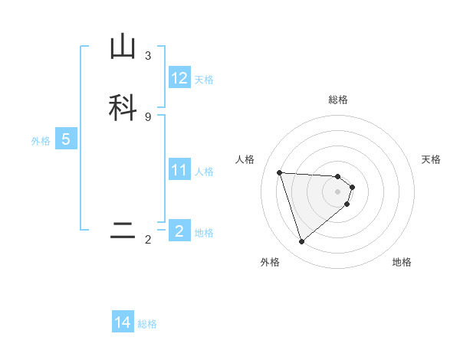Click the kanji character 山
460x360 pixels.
coord(123,47)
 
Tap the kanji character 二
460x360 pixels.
coord(123,231)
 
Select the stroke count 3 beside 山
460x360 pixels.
coord(148,55)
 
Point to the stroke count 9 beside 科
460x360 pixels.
coord(148,116)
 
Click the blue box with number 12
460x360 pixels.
coord(179,78)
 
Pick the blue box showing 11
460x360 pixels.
coord(179,170)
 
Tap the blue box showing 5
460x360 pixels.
coord(66,139)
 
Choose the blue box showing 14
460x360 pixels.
coord(123,322)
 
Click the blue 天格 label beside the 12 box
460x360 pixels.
coord(204,80)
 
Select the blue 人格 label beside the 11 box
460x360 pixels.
coord(204,172)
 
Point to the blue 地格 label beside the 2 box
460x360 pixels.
coord(204,233)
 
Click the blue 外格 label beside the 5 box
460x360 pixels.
coord(41,141)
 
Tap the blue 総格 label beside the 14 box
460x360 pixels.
coord(147,324)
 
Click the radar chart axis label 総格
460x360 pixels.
coord(338,100)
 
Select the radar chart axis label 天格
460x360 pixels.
coord(432,159)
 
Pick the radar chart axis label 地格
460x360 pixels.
coord(402,262)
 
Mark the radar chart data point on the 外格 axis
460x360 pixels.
coord(301,242)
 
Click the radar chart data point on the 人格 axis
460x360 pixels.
coord(280,172)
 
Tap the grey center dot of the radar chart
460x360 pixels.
coord(337,191)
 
